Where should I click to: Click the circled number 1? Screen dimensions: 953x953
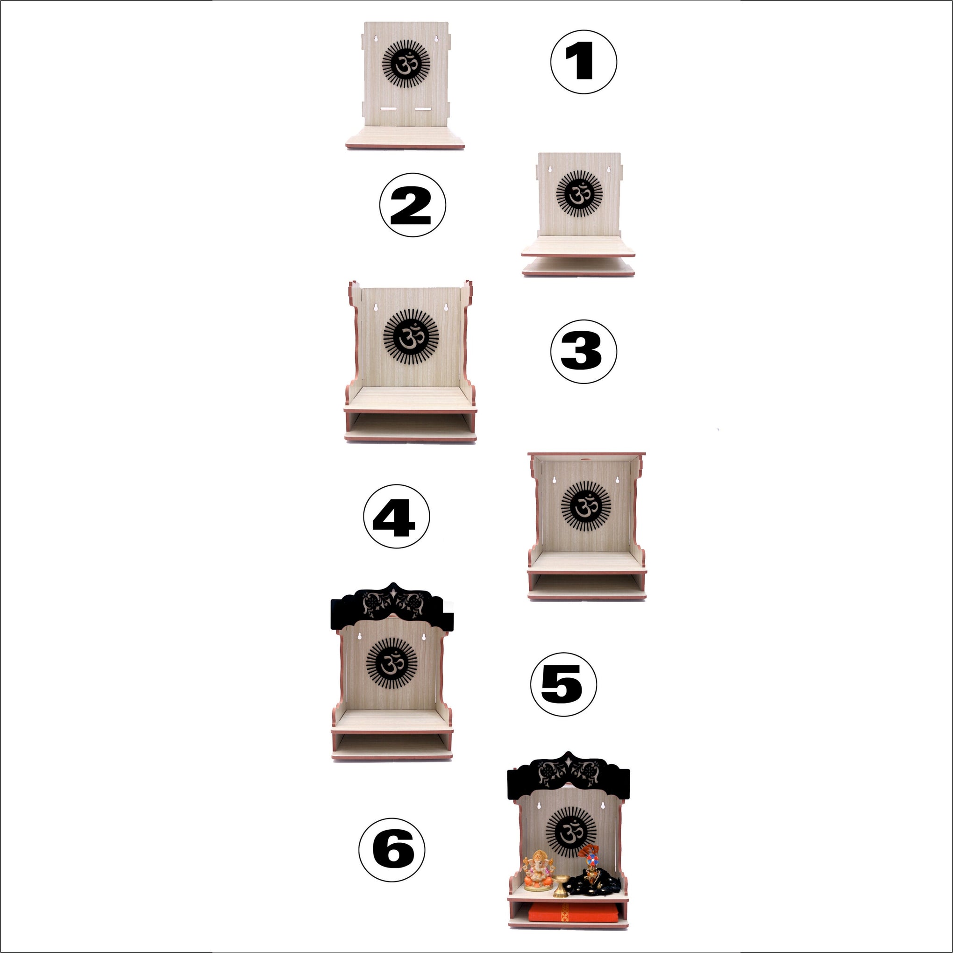tap(583, 62)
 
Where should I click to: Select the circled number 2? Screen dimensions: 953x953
tap(412, 205)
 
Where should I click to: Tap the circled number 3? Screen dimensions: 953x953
tap(583, 351)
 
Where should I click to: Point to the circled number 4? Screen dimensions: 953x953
tap(397, 516)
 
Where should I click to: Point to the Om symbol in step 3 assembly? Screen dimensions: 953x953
tap(411, 336)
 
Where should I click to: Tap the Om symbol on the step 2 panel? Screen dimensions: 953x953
tap(580, 194)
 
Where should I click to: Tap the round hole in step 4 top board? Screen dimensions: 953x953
tap(586, 459)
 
